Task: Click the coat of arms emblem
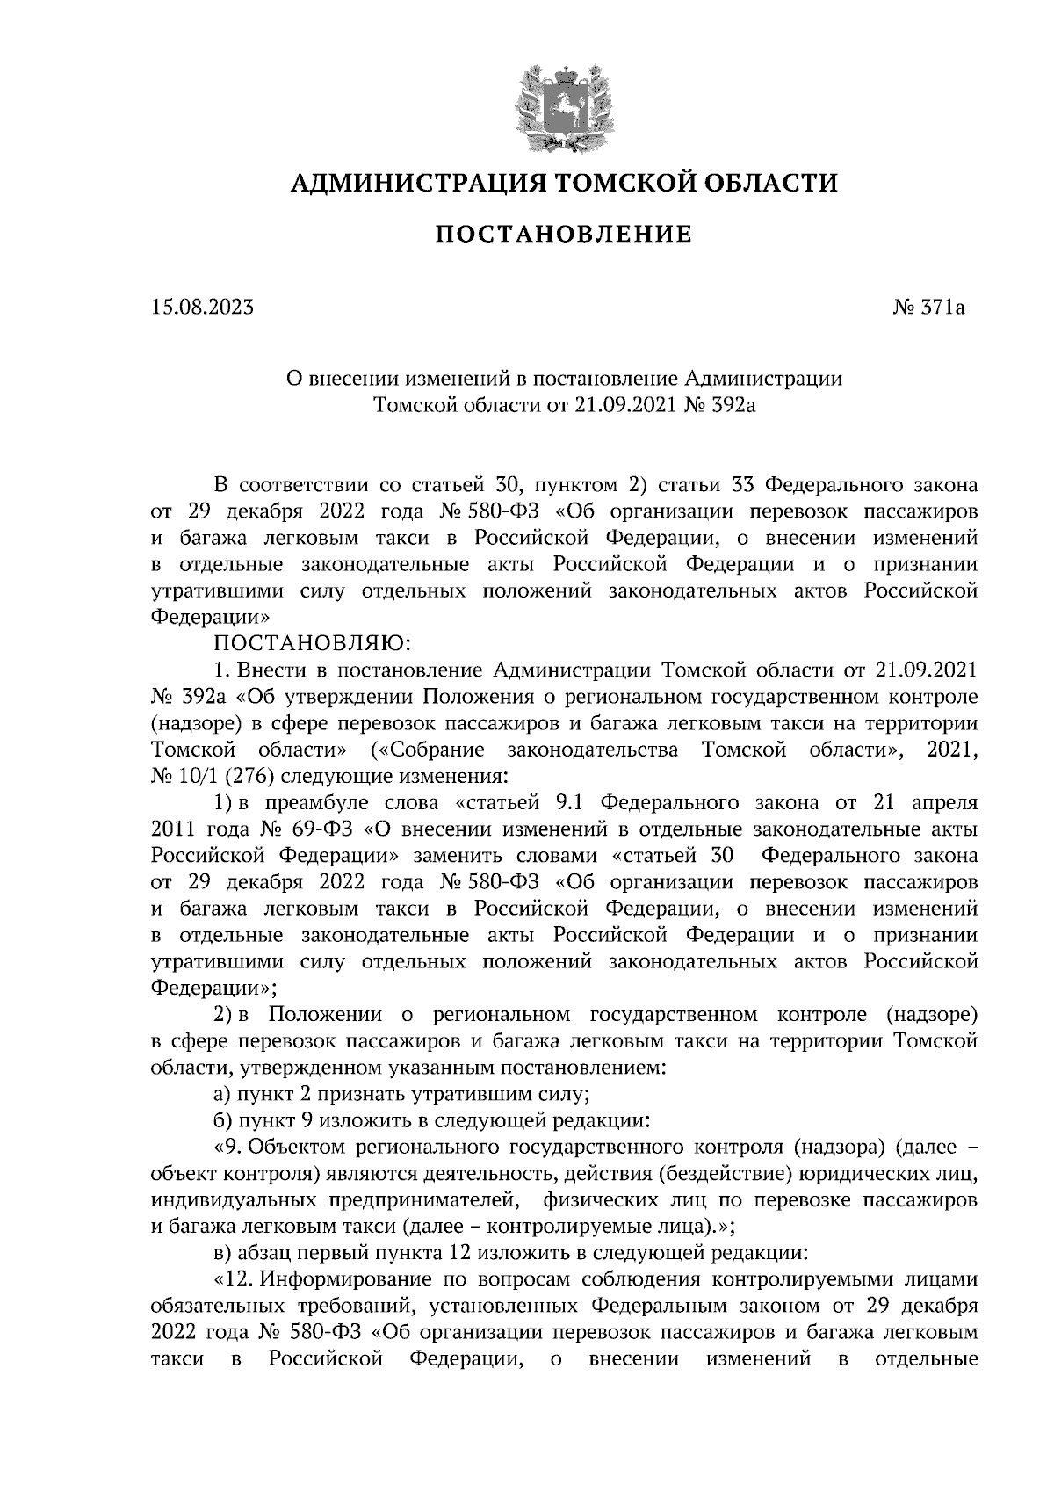(x=563, y=106)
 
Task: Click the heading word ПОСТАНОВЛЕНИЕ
(x=563, y=234)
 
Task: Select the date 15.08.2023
(x=202, y=308)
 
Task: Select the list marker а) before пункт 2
(x=221, y=1095)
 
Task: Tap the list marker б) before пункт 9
(x=221, y=1121)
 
